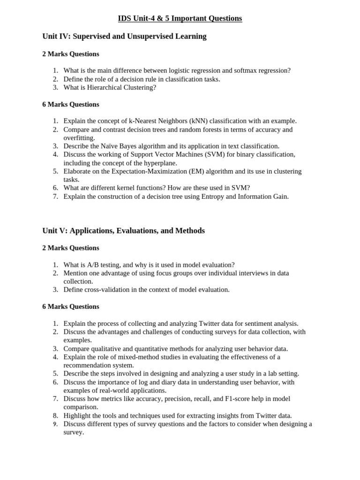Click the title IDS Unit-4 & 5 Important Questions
coord(180,18)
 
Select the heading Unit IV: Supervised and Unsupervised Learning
coord(124,36)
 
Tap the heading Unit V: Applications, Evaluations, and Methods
coord(123,231)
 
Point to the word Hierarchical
coord(102,87)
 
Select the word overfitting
coord(79,138)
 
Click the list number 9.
coord(55,424)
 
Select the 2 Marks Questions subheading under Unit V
coord(71,247)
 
